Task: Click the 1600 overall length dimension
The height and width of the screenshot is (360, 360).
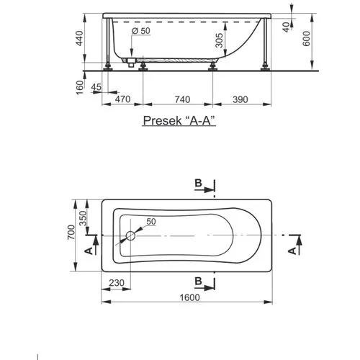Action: [189, 297]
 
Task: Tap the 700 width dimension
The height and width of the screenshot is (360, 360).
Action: [71, 232]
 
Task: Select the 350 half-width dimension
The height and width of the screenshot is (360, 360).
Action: [83, 218]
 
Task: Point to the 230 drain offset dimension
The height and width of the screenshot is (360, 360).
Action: [117, 283]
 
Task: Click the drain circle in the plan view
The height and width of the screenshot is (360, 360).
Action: [131, 235]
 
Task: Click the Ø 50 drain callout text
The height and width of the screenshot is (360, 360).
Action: [141, 31]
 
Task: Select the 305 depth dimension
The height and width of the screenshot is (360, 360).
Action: [219, 40]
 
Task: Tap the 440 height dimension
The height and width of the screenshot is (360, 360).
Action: [79, 38]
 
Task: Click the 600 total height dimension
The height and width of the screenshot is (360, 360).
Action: [306, 39]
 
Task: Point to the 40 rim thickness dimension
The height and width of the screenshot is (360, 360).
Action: [286, 27]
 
